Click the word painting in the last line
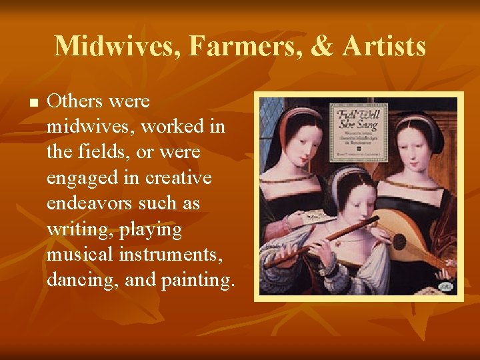(197, 280)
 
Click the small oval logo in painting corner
(446, 287)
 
